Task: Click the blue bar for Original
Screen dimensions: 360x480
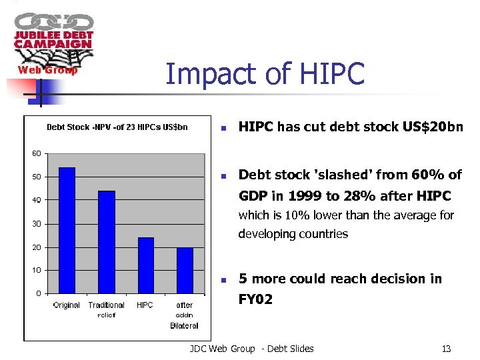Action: pos(67,230)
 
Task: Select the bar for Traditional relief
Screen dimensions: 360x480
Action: pos(107,242)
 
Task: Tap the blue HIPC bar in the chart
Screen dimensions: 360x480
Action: pos(145,265)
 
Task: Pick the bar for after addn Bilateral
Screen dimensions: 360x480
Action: pos(185,270)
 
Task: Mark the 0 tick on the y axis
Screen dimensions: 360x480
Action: pos(38,293)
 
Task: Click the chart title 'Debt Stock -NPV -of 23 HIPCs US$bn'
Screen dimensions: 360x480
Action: pos(117,127)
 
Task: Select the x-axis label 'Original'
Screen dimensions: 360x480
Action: pos(67,305)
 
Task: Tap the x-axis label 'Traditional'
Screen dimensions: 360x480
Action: pos(107,305)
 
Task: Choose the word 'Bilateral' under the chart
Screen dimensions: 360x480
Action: pos(184,325)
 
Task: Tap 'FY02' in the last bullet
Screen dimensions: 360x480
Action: pos(255,299)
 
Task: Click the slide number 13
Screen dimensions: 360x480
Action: pos(446,349)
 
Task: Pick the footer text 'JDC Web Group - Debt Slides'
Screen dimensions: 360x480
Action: pos(251,349)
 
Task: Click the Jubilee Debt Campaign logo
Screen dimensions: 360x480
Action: pos(53,43)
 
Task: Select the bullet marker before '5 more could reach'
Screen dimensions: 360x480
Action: pos(225,279)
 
